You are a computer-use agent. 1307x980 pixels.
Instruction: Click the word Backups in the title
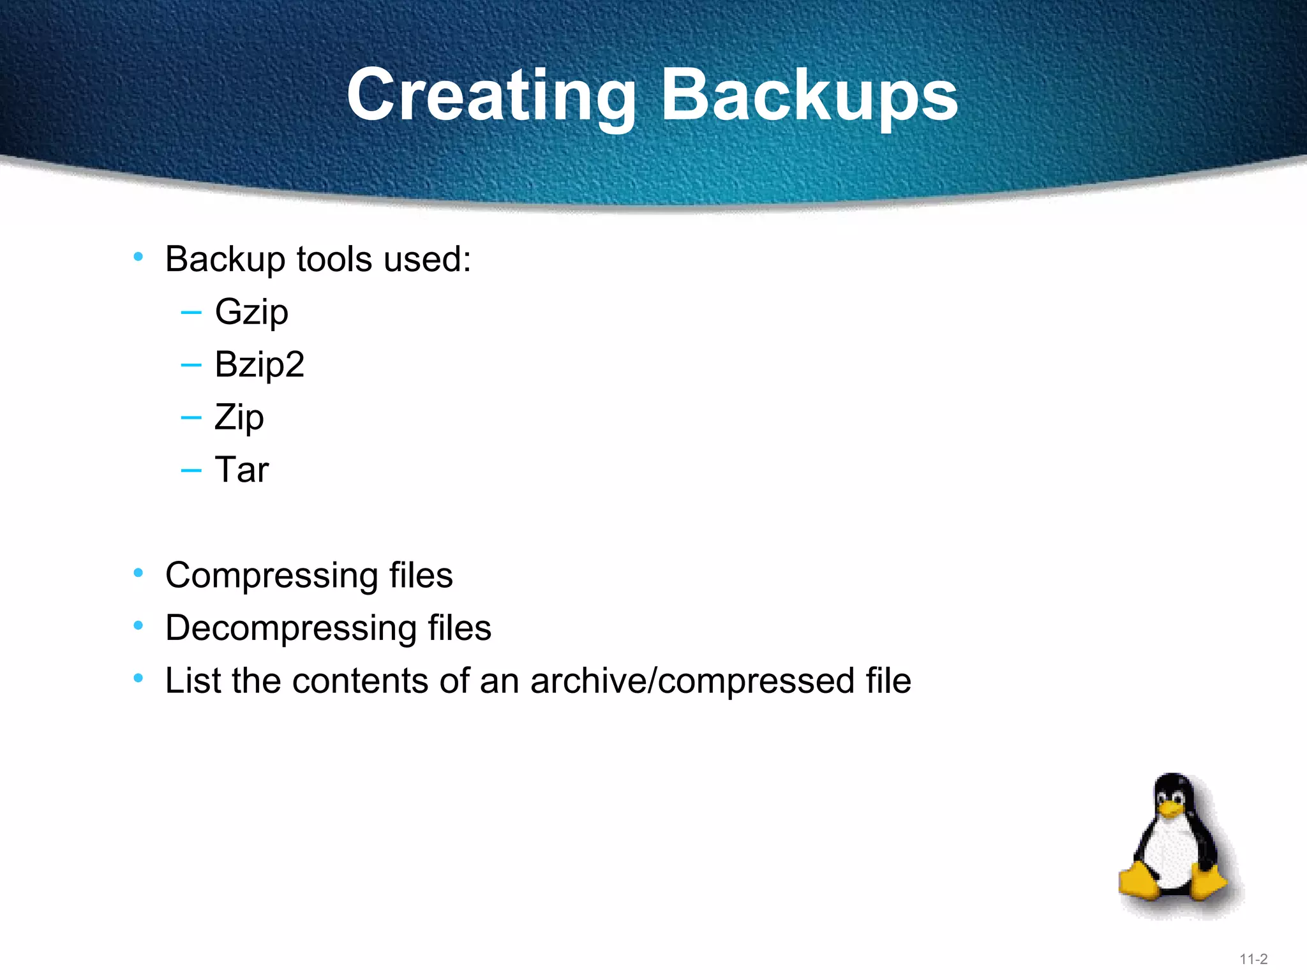point(809,96)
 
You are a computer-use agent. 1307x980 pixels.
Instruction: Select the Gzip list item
point(251,313)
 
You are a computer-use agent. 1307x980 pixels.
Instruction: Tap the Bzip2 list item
point(259,365)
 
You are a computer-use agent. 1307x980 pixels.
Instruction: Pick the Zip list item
point(239,418)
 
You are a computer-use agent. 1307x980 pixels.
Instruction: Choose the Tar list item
point(241,470)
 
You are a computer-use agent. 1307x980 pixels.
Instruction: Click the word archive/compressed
point(692,681)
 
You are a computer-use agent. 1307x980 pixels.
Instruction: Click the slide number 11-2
point(1253,959)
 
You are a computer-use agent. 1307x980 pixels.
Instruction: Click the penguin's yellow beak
point(1171,809)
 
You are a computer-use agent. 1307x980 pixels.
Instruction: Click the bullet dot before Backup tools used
point(138,257)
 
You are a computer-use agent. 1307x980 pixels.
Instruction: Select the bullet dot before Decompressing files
point(138,626)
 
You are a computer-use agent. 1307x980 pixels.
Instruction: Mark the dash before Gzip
point(191,313)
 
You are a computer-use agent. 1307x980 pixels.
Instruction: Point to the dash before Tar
point(191,471)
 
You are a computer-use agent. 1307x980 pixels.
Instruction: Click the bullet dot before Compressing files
point(138,573)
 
